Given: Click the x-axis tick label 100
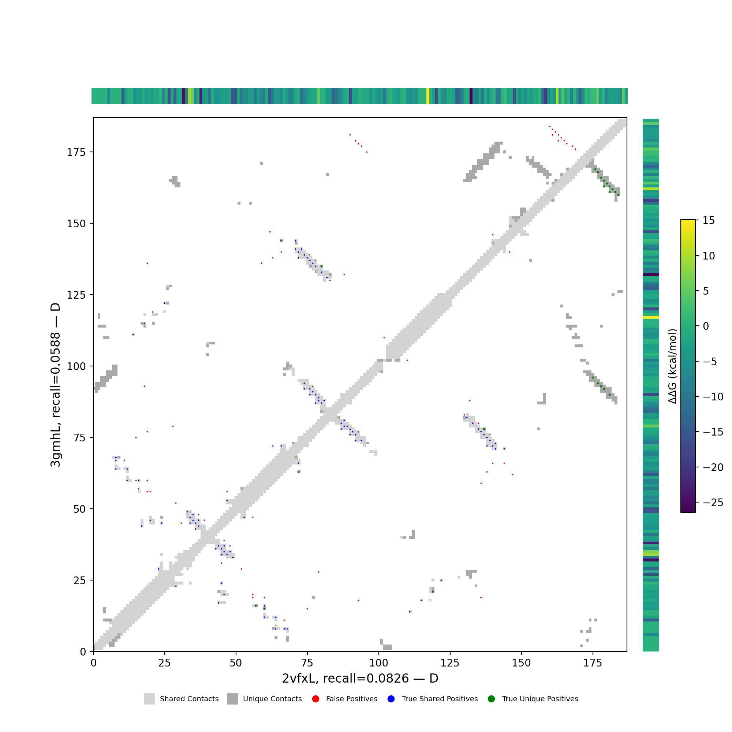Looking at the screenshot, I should pyautogui.click(x=378, y=663).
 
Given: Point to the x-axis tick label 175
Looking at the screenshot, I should pyautogui.click(x=593, y=663).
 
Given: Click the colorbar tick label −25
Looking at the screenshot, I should pyautogui.click(x=713, y=503).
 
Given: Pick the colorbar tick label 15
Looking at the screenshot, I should pyautogui.click(x=709, y=220).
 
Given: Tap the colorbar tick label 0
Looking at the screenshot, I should pyautogui.click(x=706, y=326).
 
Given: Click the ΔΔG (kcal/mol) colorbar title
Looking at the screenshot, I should pyautogui.click(x=672, y=366).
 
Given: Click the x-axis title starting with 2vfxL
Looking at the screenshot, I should pyautogui.click(x=360, y=678).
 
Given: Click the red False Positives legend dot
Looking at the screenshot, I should pyautogui.click(x=315, y=699).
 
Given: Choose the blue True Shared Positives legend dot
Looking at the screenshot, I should pyautogui.click(x=391, y=699).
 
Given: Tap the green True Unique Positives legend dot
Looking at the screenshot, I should pyautogui.click(x=492, y=699).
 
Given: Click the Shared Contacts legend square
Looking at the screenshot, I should pyautogui.click(x=149, y=699).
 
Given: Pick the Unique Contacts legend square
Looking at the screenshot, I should pyautogui.click(x=233, y=699).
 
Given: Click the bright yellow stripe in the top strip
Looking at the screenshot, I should pyautogui.click(x=428, y=96).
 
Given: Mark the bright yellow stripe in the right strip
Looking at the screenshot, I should pyautogui.click(x=650, y=317).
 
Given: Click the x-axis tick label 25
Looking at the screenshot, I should pyautogui.click(x=164, y=663).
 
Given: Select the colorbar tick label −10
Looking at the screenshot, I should pyautogui.click(x=713, y=397).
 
